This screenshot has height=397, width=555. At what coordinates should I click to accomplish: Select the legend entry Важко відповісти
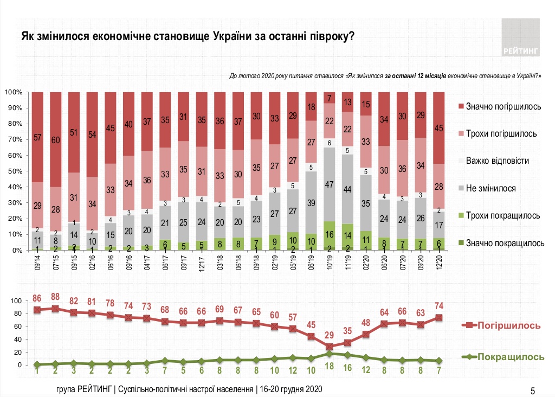(501, 161)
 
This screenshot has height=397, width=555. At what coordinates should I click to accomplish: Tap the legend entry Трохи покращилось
(504, 215)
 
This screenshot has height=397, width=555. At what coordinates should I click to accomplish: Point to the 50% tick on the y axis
(13, 171)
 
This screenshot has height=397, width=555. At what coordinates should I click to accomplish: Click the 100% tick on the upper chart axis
(11, 92)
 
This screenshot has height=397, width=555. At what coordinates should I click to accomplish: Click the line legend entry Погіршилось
(509, 325)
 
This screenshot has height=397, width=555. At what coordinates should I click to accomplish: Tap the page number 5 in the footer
(533, 390)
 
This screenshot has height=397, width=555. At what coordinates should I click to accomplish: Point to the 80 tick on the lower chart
(16, 313)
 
